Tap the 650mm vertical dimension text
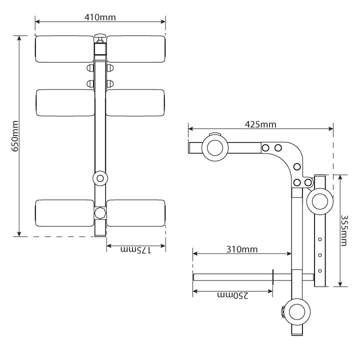point(15,135)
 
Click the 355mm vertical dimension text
point(344,230)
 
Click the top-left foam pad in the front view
point(64,49)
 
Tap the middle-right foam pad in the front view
point(135,103)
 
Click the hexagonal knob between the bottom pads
point(100,212)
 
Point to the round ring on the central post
point(100,177)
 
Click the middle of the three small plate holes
point(320,255)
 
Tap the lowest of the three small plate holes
point(320,271)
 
